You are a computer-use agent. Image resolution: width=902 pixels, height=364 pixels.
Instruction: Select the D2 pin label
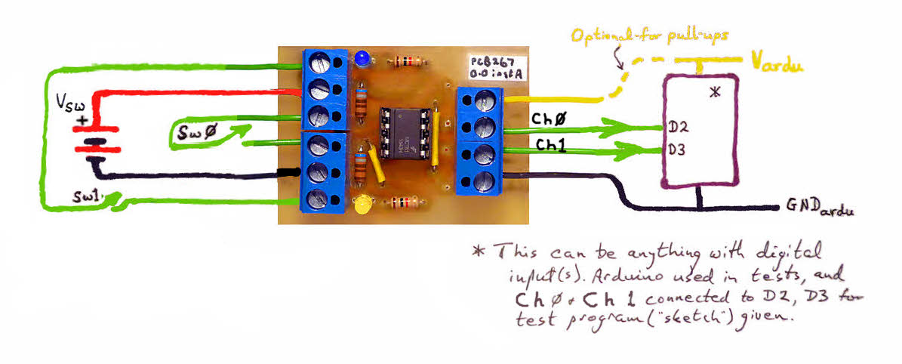click(676, 127)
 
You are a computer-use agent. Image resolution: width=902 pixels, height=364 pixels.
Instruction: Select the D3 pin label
click(676, 149)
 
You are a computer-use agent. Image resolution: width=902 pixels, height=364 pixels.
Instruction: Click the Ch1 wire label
click(551, 143)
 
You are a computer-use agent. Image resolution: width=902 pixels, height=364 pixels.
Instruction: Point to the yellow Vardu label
click(776, 63)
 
